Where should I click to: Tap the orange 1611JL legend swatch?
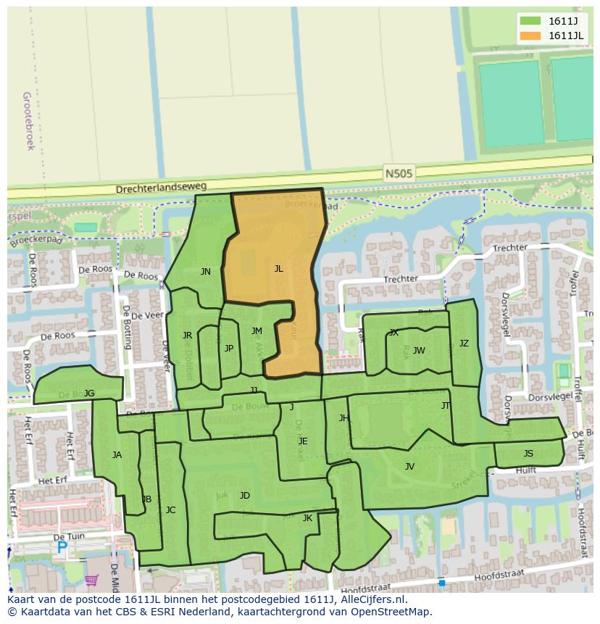click(x=531, y=36)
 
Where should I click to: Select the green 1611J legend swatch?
click(x=531, y=21)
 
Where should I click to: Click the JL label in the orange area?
click(x=278, y=268)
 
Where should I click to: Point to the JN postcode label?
click(x=206, y=272)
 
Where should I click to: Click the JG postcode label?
click(x=89, y=394)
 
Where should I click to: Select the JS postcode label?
click(x=528, y=454)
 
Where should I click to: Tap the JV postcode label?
click(x=409, y=467)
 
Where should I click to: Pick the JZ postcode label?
click(x=464, y=344)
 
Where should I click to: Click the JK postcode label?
click(x=307, y=518)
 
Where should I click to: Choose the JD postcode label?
click(x=245, y=496)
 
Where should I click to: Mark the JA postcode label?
click(x=117, y=455)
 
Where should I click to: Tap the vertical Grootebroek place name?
click(x=29, y=120)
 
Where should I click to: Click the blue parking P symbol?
click(x=62, y=549)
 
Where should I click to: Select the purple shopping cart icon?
click(x=91, y=580)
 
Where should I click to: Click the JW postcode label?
click(x=419, y=351)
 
